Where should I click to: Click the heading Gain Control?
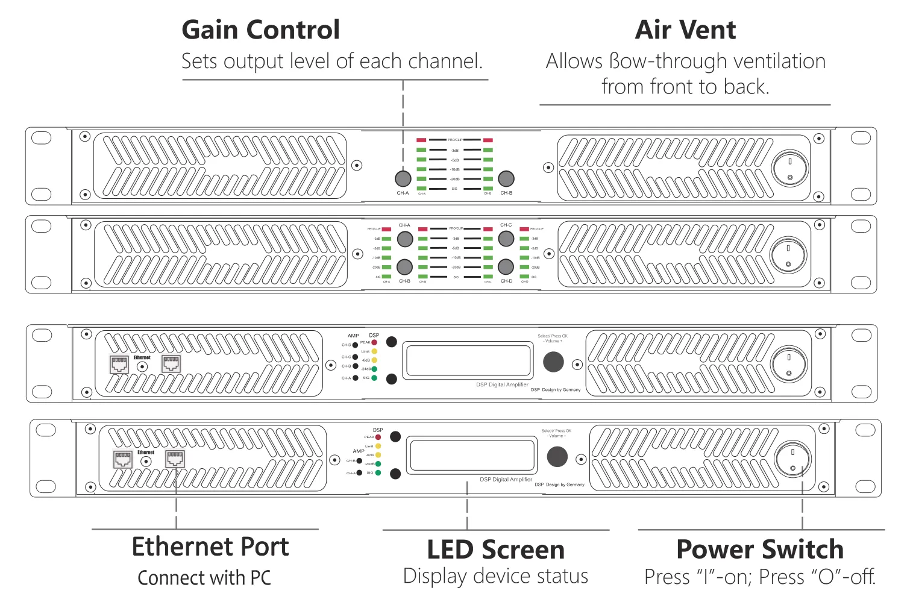(x=260, y=30)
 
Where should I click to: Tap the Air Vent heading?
(x=685, y=30)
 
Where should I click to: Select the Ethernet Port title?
(x=210, y=547)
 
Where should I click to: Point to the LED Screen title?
(x=495, y=550)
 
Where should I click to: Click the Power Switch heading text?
(x=759, y=550)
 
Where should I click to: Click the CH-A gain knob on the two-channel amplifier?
(x=403, y=178)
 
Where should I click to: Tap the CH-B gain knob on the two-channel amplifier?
(x=506, y=178)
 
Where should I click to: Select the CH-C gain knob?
(x=506, y=239)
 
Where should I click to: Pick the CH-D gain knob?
(x=506, y=267)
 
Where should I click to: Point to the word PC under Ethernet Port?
(x=260, y=578)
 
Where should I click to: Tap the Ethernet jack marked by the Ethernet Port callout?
(x=175, y=459)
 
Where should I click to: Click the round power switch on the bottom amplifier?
(x=792, y=460)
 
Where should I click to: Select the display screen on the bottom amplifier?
(x=471, y=456)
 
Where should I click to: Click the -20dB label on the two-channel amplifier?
(x=455, y=179)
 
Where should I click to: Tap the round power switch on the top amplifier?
(x=790, y=169)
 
